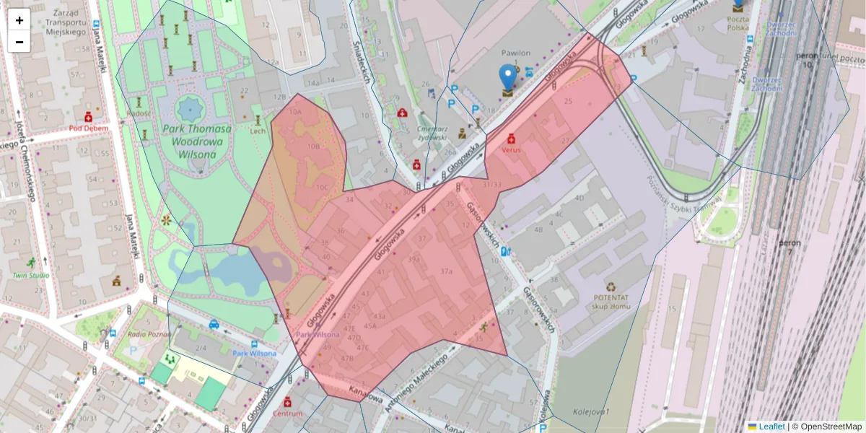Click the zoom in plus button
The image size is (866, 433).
(19, 20)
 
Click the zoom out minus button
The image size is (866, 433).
(19, 41)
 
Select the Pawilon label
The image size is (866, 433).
(516, 53)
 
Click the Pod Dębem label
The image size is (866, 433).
(89, 128)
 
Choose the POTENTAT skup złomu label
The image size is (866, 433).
(611, 302)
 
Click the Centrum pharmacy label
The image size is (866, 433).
(288, 414)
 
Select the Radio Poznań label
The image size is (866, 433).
(148, 333)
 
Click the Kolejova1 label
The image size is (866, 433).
(592, 411)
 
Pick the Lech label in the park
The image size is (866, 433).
(258, 131)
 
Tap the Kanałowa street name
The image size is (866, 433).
(365, 394)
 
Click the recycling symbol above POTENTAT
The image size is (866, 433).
(611, 287)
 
